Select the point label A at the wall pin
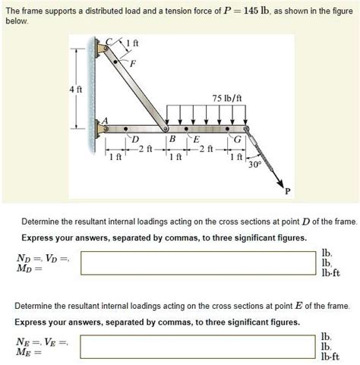(x=106, y=119)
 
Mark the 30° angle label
(x=254, y=165)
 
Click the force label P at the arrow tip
(x=287, y=190)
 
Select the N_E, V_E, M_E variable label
(x=42, y=348)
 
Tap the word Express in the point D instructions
(x=38, y=238)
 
